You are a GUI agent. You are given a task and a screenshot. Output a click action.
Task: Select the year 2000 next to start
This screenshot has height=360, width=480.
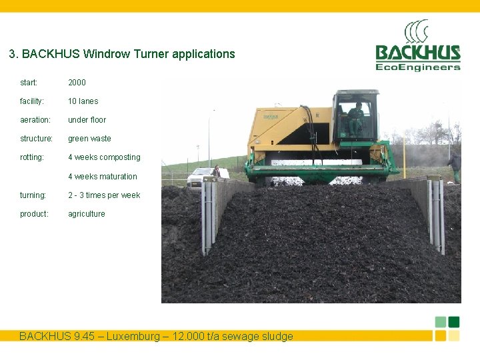tap(77, 83)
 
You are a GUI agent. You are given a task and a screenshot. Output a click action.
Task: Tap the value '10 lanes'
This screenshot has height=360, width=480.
tap(83, 101)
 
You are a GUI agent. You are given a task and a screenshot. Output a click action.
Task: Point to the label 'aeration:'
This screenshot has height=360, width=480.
tap(35, 120)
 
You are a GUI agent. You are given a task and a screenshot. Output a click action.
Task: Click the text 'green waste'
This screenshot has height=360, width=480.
tap(89, 139)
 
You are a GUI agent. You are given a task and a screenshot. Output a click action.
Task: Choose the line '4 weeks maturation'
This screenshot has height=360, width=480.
tap(102, 177)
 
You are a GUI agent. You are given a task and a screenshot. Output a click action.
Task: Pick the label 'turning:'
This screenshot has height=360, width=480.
tap(33, 195)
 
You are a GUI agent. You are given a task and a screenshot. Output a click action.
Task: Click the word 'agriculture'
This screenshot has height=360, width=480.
tap(86, 214)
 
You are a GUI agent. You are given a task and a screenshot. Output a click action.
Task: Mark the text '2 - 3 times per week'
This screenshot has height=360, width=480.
tap(104, 195)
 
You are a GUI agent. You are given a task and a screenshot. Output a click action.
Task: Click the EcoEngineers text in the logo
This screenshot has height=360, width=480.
tap(418, 67)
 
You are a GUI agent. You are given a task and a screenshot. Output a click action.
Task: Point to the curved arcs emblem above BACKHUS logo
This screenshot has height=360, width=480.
tap(416, 31)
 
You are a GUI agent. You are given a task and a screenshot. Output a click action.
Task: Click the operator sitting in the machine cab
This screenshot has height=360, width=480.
tap(356, 117)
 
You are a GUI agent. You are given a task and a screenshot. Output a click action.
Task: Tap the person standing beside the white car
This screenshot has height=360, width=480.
tap(215, 171)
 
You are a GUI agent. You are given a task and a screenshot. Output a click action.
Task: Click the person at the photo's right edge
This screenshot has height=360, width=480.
tap(455, 166)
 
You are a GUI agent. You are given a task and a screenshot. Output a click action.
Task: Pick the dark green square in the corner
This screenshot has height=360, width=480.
tap(454, 322)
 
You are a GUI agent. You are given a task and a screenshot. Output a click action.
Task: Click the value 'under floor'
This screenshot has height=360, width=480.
tap(87, 120)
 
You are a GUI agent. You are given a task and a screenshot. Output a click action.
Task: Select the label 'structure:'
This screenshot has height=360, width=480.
tap(36, 139)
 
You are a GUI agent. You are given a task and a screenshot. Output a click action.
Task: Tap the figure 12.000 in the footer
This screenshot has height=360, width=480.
tap(201, 337)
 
